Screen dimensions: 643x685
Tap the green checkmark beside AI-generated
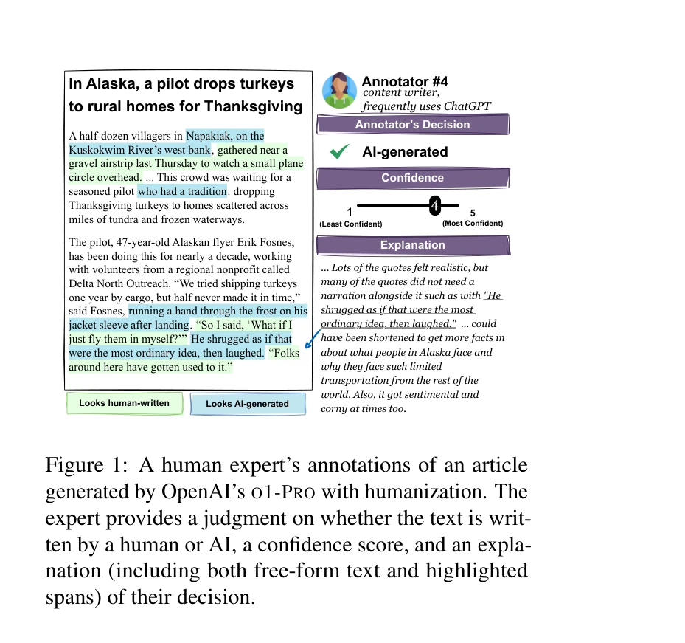(340, 152)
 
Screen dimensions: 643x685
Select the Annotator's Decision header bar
(412, 125)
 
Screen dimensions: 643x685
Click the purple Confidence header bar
(412, 178)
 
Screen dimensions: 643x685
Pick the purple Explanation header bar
(412, 245)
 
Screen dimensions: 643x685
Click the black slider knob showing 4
(435, 205)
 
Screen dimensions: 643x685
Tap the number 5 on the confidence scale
(473, 213)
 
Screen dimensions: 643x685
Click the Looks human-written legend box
(124, 403)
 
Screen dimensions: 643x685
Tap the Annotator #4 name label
(405, 81)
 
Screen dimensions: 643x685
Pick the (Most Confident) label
(473, 223)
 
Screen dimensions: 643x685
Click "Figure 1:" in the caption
(82, 467)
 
